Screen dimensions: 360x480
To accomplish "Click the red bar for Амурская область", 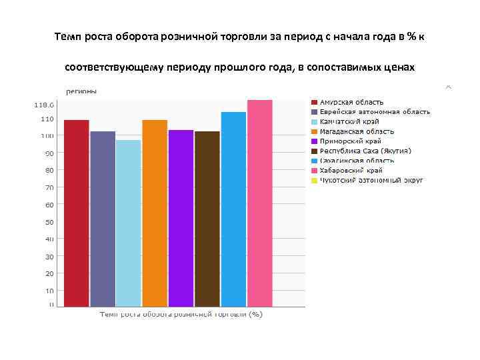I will tap(77, 213).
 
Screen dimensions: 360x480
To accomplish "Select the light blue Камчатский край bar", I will tap(129, 223).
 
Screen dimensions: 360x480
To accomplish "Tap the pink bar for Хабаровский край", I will tap(260, 203).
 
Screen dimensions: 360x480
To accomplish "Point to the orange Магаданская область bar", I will tap(155, 213).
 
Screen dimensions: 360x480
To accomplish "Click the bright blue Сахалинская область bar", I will tap(233, 209).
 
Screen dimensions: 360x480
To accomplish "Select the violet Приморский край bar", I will tap(181, 218).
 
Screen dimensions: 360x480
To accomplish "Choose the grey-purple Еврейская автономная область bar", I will tap(103, 219).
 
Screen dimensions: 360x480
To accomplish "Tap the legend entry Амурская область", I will tap(351, 102).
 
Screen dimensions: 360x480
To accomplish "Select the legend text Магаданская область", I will tap(357, 131).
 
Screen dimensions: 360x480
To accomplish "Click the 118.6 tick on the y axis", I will tap(45, 105).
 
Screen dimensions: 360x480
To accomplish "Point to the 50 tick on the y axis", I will tap(49, 222).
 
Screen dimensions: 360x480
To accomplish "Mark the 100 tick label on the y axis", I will tap(47, 136).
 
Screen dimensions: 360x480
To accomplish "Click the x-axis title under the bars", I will tap(181, 314).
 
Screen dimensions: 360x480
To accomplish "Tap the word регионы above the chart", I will tap(81, 91).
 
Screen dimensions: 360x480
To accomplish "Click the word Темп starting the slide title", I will tap(67, 37).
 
